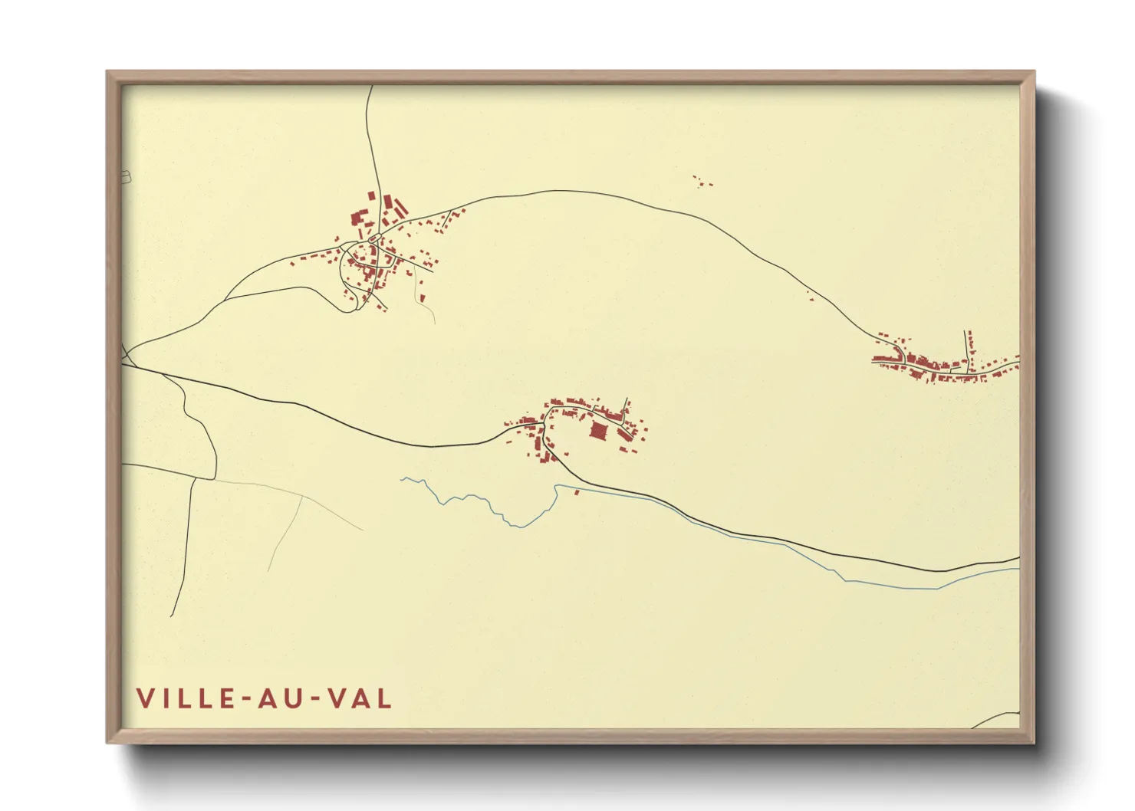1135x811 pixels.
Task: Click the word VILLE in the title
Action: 186,698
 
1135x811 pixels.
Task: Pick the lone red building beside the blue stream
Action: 577,492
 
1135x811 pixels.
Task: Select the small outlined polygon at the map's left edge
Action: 126,178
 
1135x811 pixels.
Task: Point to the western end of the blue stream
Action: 402,479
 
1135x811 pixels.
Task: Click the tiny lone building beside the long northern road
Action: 810,293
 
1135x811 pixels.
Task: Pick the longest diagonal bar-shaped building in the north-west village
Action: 388,205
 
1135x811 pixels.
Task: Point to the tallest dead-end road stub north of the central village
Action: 626,406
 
